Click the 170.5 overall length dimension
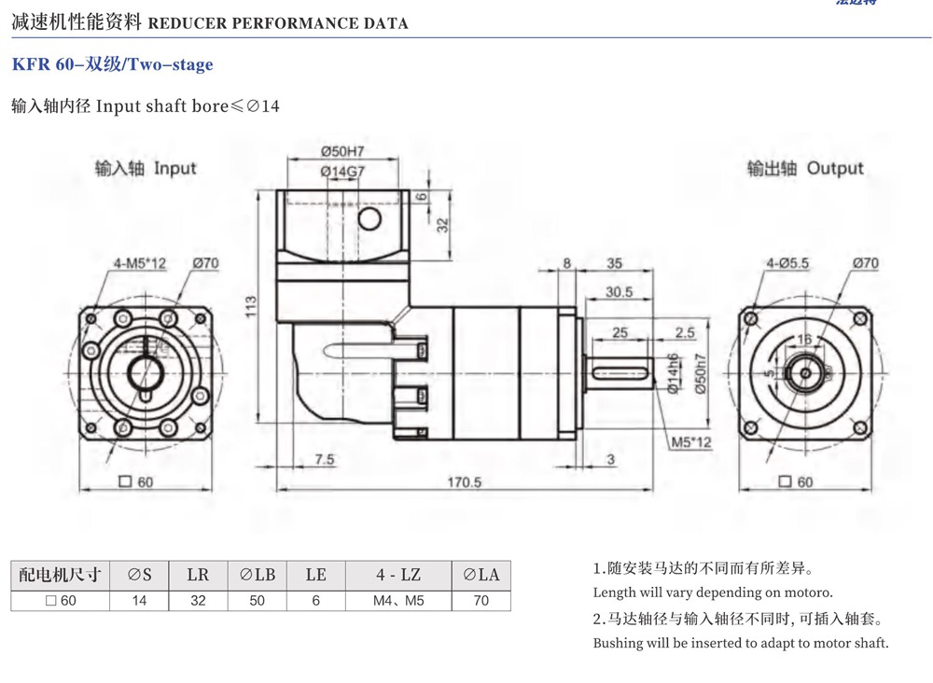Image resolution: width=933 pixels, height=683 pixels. click(x=464, y=481)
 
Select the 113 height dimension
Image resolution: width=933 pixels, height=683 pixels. click(x=251, y=307)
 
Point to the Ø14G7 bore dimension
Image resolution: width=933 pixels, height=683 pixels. click(x=341, y=171)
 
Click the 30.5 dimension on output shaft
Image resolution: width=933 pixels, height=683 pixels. click(x=619, y=292)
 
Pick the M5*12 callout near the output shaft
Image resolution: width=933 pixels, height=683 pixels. click(x=690, y=441)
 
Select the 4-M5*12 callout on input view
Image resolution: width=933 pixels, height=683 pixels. click(x=140, y=263)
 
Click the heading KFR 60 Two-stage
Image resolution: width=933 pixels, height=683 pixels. click(x=112, y=64)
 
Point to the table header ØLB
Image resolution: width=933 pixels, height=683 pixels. click(x=257, y=574)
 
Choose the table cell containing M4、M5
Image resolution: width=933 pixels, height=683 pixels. click(x=398, y=600)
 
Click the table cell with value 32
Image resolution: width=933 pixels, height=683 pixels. click(x=198, y=600)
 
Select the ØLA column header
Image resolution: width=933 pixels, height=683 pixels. click(x=480, y=574)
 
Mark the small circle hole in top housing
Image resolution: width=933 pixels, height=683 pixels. click(x=369, y=219)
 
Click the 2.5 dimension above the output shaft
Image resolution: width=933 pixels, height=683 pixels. click(x=685, y=332)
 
